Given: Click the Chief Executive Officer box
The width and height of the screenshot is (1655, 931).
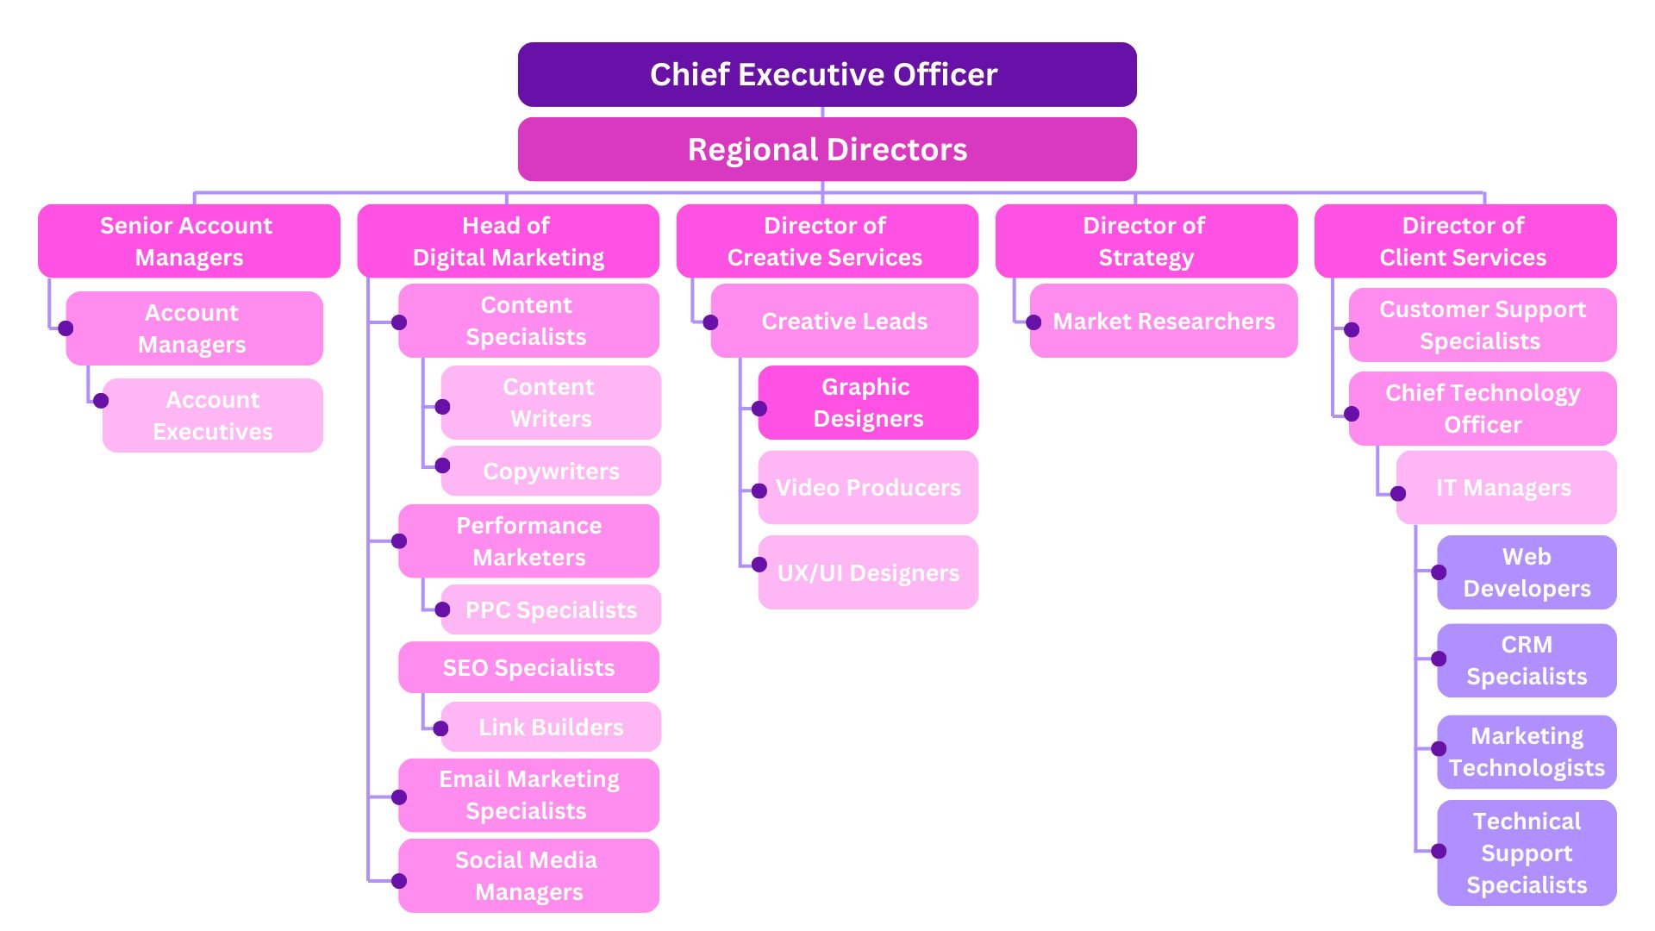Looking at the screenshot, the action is [x=827, y=74].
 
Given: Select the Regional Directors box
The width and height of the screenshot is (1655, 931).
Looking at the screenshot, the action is [x=827, y=149].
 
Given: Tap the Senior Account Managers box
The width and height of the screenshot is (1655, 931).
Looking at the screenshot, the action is [x=189, y=241].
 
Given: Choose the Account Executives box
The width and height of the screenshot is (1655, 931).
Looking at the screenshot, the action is [x=212, y=416].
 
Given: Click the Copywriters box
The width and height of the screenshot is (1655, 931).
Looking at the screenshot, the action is [x=551, y=471].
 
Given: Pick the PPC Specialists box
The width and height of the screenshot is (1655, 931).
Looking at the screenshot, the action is [x=551, y=609].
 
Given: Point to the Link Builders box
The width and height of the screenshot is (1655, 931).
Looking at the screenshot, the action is [x=551, y=727].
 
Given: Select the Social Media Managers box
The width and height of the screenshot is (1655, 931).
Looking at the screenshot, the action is [x=528, y=876].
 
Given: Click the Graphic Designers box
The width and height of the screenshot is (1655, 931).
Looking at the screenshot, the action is [x=868, y=403].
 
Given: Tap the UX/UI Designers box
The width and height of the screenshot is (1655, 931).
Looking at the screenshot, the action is [x=868, y=572].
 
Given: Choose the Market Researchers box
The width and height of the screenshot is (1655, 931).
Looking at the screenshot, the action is [x=1164, y=321].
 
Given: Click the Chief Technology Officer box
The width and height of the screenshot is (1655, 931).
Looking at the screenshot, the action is [x=1483, y=409].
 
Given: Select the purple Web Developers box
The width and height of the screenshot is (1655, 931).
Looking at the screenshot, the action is [x=1527, y=572].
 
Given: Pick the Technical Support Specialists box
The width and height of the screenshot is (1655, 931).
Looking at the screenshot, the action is [x=1527, y=853].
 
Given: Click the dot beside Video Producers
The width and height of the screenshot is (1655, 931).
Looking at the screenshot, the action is [x=759, y=491].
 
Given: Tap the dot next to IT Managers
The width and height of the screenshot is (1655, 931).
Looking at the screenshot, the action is [x=1398, y=493].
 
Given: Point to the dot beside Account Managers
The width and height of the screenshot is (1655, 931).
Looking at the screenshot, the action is [x=66, y=328].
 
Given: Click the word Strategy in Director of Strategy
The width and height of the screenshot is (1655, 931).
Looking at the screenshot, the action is [x=1146, y=258].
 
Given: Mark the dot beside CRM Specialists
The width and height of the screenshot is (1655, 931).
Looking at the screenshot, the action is [x=1439, y=659].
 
